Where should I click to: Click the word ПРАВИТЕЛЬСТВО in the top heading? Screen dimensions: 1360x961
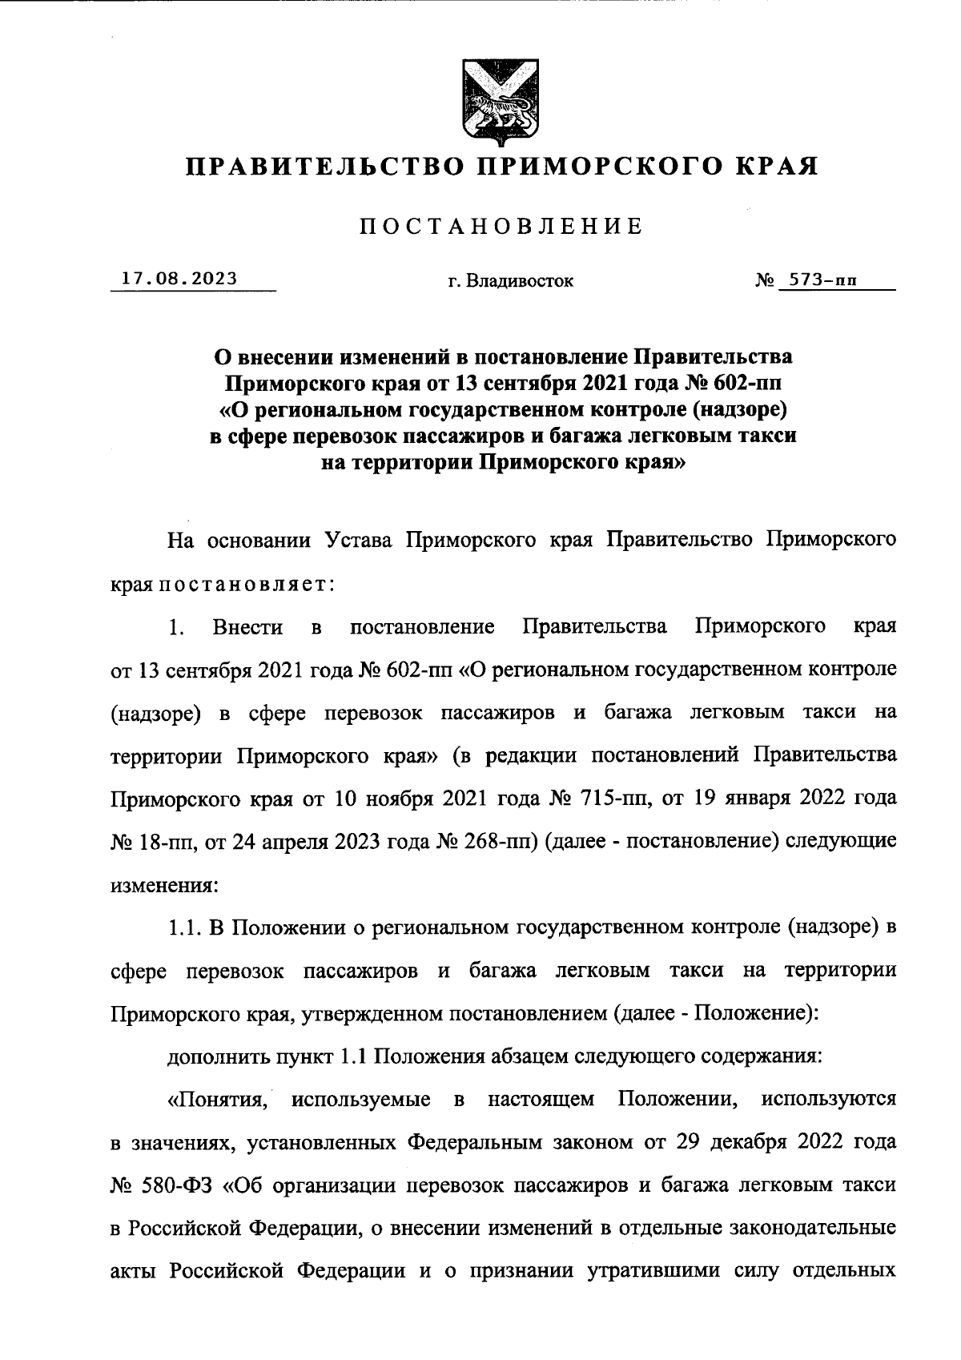pyautogui.click(x=323, y=167)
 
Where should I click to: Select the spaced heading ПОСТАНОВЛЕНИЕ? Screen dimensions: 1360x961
pyautogui.click(x=501, y=226)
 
